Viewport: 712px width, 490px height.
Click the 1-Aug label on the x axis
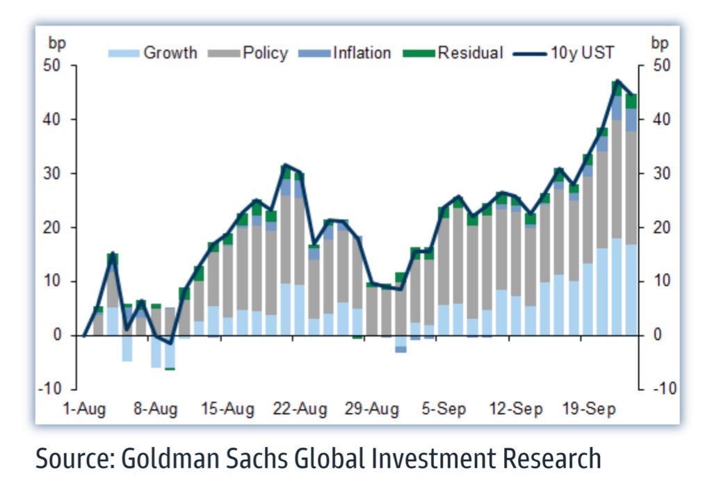click(x=84, y=409)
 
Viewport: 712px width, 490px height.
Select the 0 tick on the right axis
click(x=657, y=335)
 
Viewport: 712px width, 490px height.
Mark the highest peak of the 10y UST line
click(x=617, y=81)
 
